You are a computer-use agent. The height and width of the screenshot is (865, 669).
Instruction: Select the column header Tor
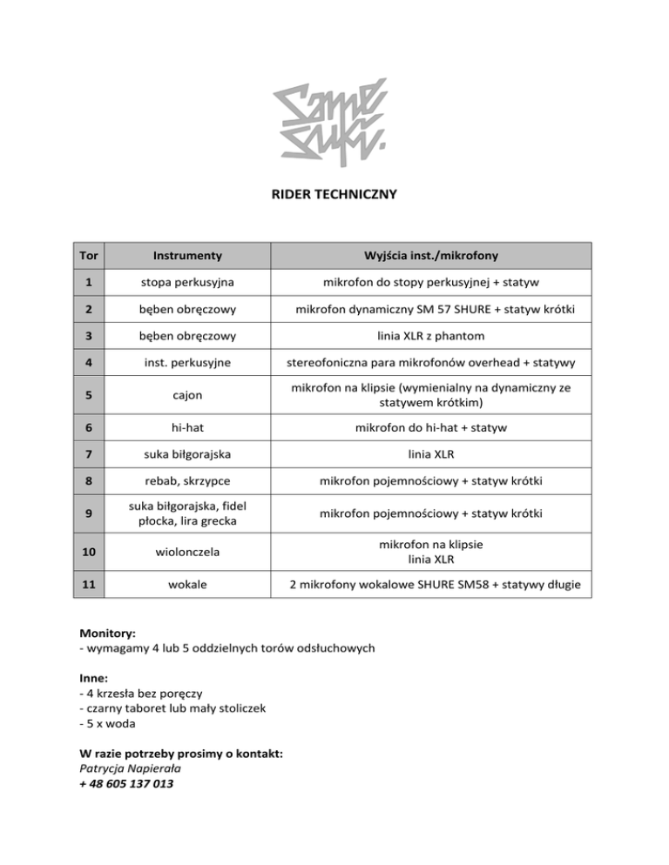(88, 256)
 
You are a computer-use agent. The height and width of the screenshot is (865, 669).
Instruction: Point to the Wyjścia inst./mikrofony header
(431, 256)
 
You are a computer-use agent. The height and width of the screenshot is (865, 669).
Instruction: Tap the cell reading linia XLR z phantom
(431, 335)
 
